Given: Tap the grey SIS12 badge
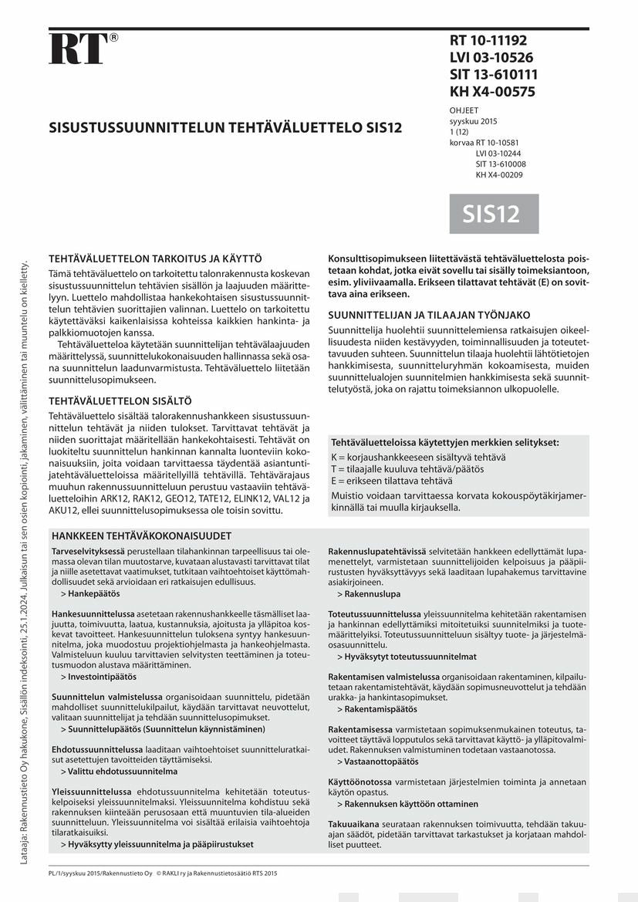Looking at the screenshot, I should coord(494,214).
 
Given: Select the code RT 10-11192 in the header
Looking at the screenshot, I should coord(488,41).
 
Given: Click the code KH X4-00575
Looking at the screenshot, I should coord(492,92).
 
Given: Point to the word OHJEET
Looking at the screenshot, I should coord(464,110).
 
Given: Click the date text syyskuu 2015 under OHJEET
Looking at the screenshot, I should coord(474,121).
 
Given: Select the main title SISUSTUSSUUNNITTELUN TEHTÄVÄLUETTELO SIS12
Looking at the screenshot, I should coord(225,127).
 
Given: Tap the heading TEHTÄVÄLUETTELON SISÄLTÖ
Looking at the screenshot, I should coord(120,401).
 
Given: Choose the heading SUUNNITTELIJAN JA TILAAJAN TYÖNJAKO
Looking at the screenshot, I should coord(429,315).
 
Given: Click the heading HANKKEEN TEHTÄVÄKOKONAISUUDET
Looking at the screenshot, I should coord(141,535).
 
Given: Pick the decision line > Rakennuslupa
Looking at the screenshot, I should coord(368,594).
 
